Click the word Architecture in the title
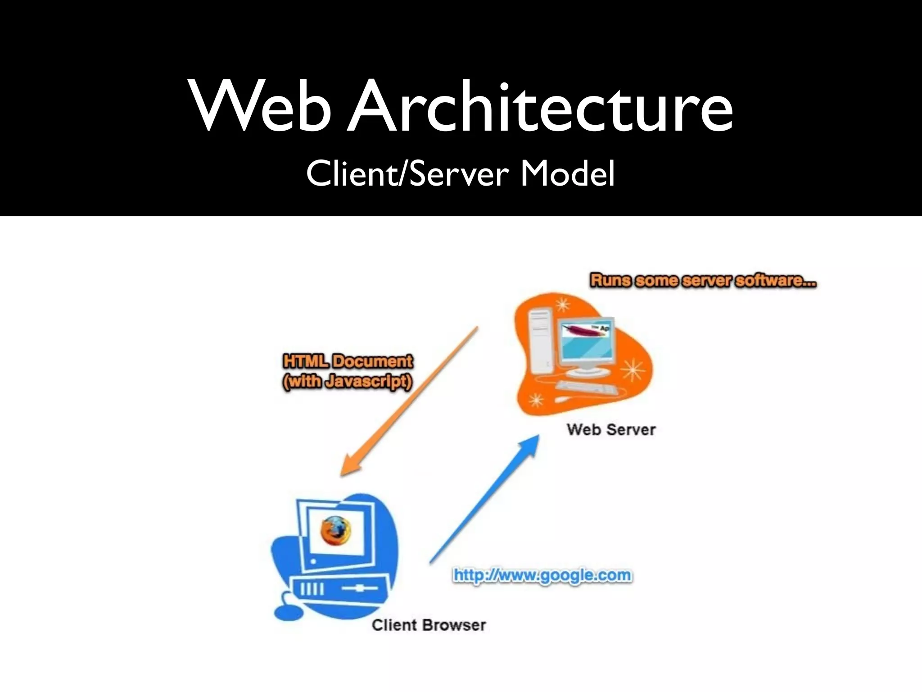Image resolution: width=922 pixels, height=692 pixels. click(x=540, y=108)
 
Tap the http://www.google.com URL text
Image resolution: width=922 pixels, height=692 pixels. click(x=542, y=576)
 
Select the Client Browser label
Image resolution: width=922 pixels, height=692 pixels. click(x=429, y=625)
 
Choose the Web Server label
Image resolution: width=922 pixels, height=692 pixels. click(x=611, y=429)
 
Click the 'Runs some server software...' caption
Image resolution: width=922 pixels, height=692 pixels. click(x=703, y=281)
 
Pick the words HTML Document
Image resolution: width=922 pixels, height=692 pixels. click(x=348, y=361)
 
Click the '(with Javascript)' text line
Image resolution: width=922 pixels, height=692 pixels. click(x=348, y=382)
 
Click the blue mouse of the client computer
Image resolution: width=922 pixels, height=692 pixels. click(x=288, y=613)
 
